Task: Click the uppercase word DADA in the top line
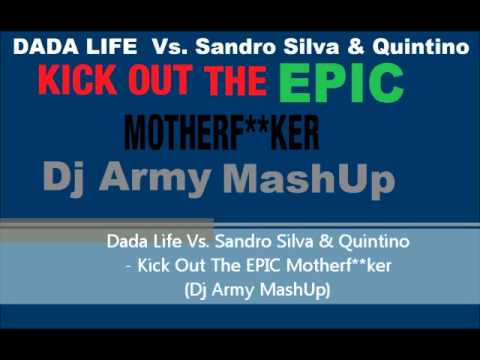point(39,47)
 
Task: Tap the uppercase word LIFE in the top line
point(99,47)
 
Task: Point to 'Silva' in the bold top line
point(298,47)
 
